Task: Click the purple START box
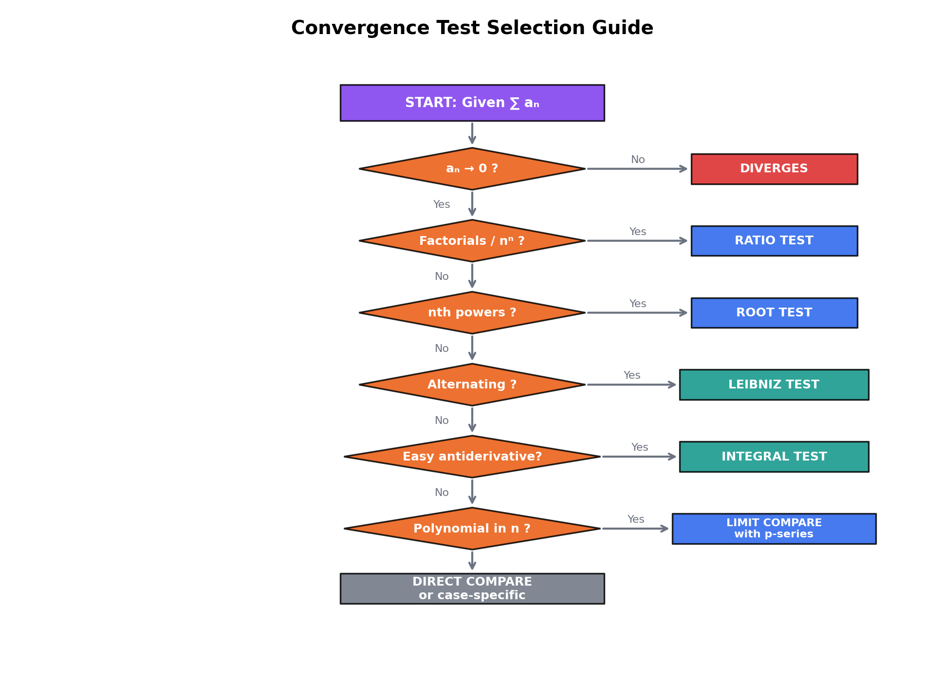pos(472,103)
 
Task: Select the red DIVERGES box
pos(774,169)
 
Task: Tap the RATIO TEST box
pos(774,241)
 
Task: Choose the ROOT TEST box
pos(774,313)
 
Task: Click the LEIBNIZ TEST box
pos(774,385)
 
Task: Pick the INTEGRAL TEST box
pos(774,457)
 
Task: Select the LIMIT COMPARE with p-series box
pos(774,529)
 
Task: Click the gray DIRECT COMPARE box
pos(472,588)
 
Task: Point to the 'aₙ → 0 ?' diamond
pos(472,169)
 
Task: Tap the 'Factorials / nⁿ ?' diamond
pos(472,241)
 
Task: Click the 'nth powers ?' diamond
pos(472,313)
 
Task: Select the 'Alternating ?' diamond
pos(472,385)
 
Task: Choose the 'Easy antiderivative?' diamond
pos(472,457)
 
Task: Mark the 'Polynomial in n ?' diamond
pos(472,529)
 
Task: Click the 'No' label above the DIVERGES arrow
pos(637,160)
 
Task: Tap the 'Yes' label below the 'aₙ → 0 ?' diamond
pos(442,204)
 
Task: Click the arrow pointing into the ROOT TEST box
pos(637,313)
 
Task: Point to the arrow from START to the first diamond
pos(472,133)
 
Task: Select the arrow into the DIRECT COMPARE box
pos(472,561)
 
